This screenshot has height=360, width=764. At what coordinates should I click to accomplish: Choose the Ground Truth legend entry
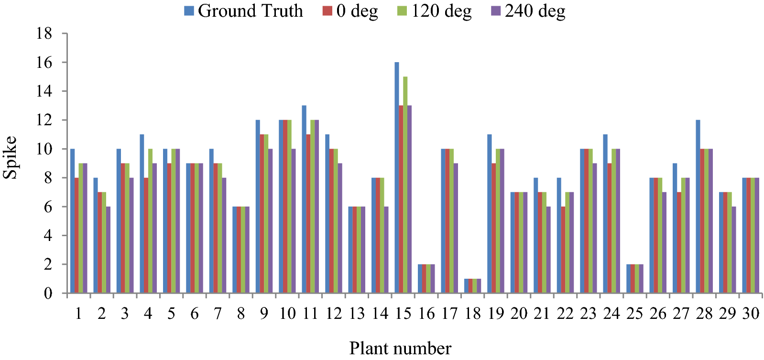[244, 11]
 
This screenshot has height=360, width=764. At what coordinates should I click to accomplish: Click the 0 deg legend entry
[351, 11]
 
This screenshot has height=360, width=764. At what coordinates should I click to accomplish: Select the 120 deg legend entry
[435, 11]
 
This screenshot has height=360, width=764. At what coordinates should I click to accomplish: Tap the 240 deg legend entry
[529, 11]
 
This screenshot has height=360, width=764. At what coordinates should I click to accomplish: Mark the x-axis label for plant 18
[472, 314]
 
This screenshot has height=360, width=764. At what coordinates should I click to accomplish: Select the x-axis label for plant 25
[634, 314]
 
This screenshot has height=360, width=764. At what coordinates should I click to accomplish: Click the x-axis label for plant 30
[751, 314]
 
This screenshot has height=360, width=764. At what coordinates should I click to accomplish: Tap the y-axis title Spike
[10, 158]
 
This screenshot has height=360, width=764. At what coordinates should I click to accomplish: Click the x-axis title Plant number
[400, 348]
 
